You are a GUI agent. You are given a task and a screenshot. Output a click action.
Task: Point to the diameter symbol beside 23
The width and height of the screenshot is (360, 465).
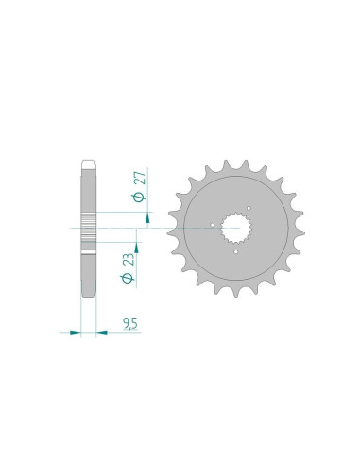tap(128, 278)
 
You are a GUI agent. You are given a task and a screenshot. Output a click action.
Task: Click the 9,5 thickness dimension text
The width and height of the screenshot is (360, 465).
tap(130, 324)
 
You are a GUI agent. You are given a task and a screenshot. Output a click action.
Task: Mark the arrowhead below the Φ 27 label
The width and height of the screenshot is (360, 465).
tap(147, 218)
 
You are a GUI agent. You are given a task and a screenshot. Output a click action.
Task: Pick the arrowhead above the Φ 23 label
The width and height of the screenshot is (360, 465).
tap(136, 248)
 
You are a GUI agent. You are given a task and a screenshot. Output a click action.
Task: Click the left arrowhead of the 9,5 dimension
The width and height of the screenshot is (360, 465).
tap(75, 332)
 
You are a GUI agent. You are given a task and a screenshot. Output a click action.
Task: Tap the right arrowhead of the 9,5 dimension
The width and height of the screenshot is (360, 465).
tap(101, 332)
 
